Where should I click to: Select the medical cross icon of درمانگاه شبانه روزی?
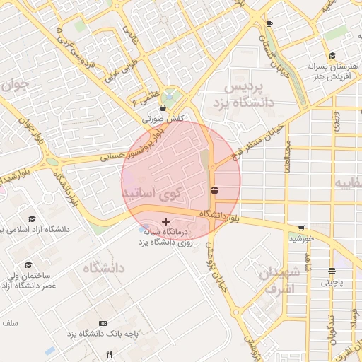(x=166, y=221)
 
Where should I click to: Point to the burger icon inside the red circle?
(x=215, y=190)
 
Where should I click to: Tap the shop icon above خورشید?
(x=302, y=228)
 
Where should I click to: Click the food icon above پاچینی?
(x=332, y=271)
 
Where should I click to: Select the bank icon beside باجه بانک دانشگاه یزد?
(x=104, y=322)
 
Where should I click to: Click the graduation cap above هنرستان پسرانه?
(x=331, y=57)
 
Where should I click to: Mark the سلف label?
(x=9, y=322)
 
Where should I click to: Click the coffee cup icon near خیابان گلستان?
(x=269, y=23)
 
